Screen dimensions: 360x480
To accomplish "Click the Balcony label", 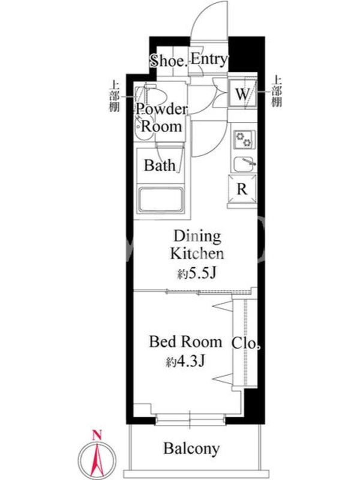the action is click(191, 449).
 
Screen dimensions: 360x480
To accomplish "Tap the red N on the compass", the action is click(97, 435).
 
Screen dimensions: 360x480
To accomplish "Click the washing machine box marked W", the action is click(243, 93).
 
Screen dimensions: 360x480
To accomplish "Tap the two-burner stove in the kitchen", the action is click(244, 139).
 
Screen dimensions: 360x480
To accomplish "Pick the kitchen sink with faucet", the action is click(244, 164).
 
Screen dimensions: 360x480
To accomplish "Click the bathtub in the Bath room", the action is click(161, 200).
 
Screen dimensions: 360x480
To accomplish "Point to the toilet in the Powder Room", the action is click(152, 95).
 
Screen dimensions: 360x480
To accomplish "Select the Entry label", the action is click(209, 59).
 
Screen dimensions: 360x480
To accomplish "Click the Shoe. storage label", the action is click(168, 61).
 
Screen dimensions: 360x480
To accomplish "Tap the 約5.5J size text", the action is click(197, 274).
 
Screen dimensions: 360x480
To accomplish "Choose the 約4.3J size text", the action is click(185, 362).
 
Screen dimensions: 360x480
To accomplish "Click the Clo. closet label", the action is click(246, 343).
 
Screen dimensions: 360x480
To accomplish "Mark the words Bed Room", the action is click(185, 342).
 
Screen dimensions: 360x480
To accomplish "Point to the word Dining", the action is click(197, 237).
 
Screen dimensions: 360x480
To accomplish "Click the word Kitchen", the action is click(197, 254).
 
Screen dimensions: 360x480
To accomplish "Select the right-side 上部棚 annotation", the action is click(277, 91).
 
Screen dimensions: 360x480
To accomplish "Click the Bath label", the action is click(160, 166).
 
